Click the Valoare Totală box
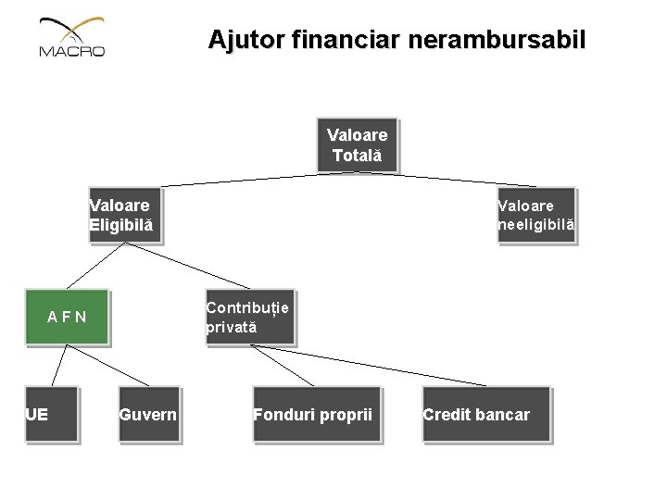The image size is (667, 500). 357,145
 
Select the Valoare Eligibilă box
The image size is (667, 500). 124,215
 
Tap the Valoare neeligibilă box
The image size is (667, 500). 535,215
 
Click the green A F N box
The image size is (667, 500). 67,318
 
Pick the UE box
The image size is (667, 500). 51,414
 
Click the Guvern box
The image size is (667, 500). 148,414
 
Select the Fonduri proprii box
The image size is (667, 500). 316,414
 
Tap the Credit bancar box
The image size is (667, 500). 485,414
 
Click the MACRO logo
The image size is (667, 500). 72,39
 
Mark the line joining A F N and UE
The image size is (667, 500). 57,365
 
